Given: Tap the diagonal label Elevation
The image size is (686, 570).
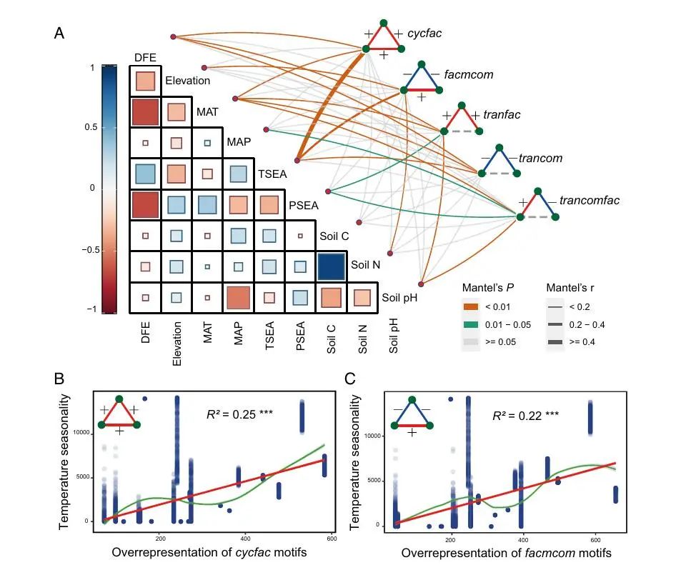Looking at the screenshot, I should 187,81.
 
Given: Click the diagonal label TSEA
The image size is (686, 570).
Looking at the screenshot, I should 271,174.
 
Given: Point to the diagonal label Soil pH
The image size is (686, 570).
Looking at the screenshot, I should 399,297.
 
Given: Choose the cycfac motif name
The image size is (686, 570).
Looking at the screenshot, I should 427,34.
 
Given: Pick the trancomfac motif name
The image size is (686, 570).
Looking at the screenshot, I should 590,201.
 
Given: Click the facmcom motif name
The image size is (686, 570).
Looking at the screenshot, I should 467,74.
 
